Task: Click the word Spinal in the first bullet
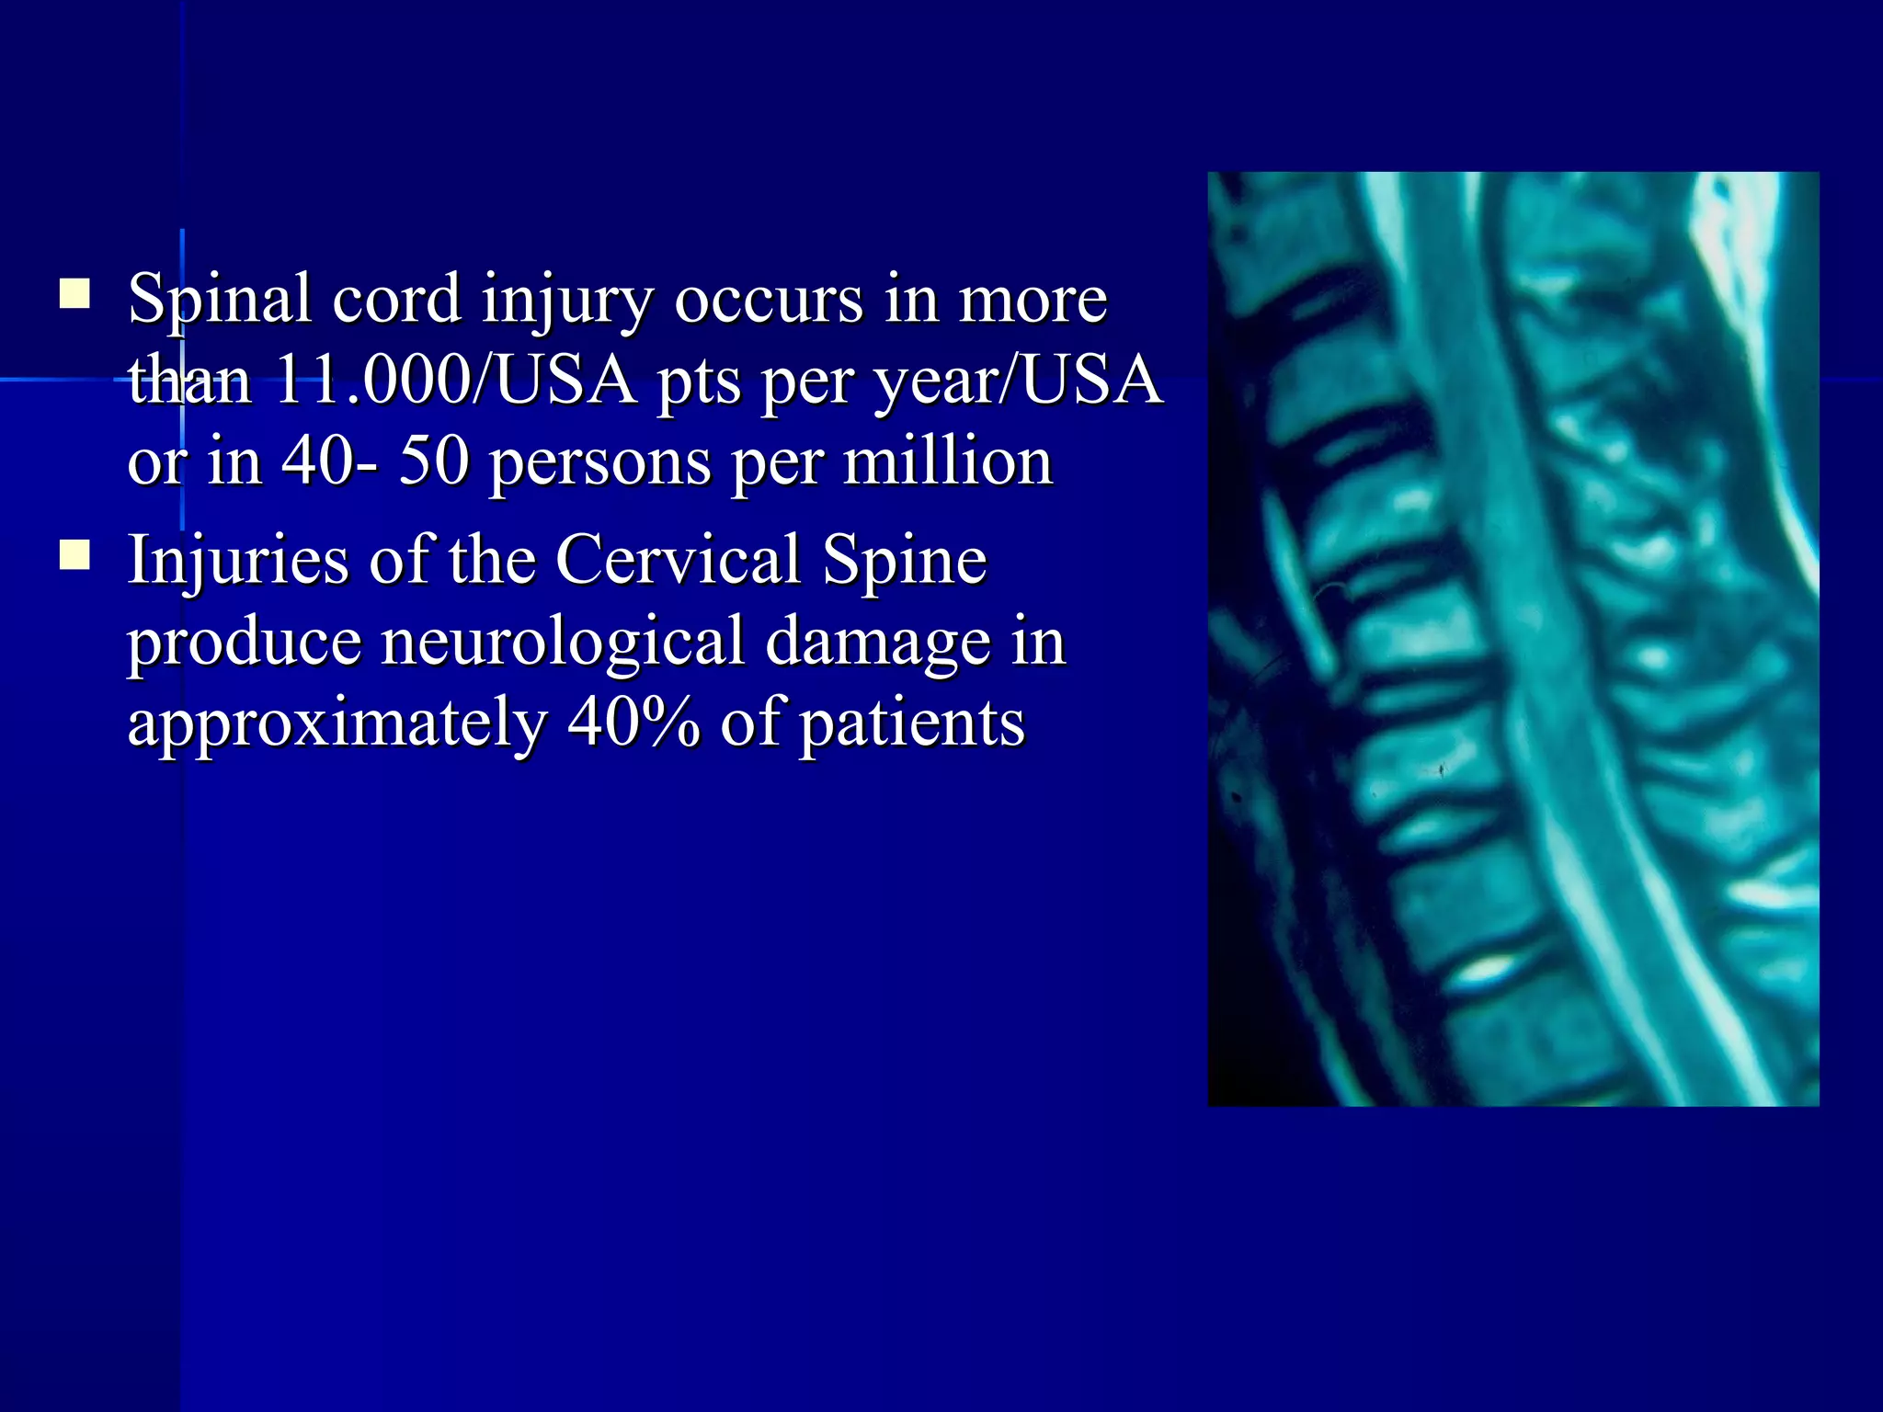click(220, 300)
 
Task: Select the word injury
click(567, 302)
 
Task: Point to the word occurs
click(769, 300)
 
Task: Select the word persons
click(599, 462)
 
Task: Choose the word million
click(947, 461)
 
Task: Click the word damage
click(878, 642)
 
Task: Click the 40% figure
click(633, 723)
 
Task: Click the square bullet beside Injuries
click(74, 555)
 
